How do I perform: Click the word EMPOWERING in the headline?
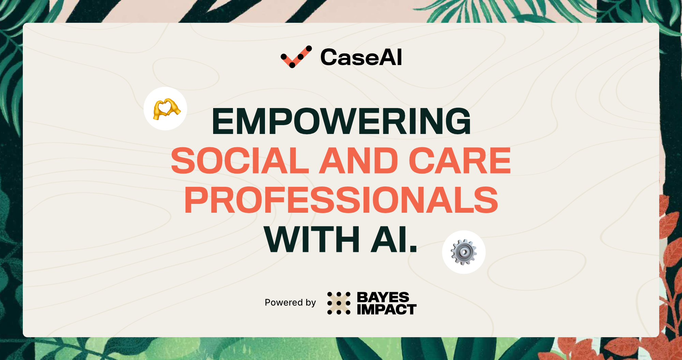[x=341, y=121]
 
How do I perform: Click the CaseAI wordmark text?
[x=361, y=57]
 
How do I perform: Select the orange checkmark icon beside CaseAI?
[x=296, y=57]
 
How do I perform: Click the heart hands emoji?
[x=166, y=109]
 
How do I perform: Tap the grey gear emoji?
[x=464, y=252]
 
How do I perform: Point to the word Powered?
[x=284, y=302]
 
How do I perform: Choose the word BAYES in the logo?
[x=383, y=297]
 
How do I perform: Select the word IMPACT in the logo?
[x=387, y=310]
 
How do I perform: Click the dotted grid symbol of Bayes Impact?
[x=339, y=303]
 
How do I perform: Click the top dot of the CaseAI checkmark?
[x=309, y=48]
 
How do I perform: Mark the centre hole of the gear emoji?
[x=464, y=252]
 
